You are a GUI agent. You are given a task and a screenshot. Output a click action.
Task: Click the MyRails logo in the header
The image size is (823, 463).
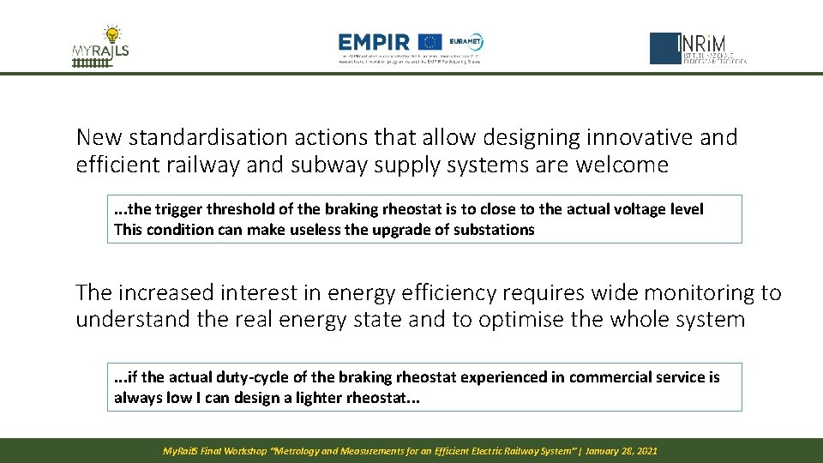click(x=100, y=49)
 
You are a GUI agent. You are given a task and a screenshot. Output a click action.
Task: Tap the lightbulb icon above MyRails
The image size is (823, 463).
click(x=111, y=35)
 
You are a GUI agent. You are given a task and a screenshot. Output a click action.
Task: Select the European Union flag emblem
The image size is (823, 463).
click(x=430, y=42)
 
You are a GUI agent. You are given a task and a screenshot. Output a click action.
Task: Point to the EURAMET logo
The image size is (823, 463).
click(x=466, y=41)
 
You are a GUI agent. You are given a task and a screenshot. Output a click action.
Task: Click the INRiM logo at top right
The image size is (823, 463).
click(x=698, y=49)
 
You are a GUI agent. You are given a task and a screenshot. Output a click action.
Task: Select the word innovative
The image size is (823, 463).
click(x=587, y=137)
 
